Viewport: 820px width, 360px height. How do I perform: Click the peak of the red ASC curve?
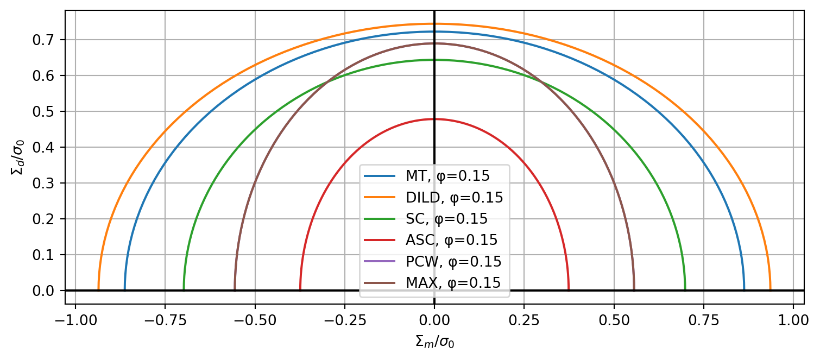pyautogui.click(x=434, y=119)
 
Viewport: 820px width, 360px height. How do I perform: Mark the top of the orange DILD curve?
pyautogui.click(x=434, y=24)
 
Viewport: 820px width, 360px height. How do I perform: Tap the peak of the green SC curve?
pyautogui.click(x=434, y=60)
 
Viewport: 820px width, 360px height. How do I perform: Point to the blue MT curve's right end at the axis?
pyautogui.click(x=744, y=289)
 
